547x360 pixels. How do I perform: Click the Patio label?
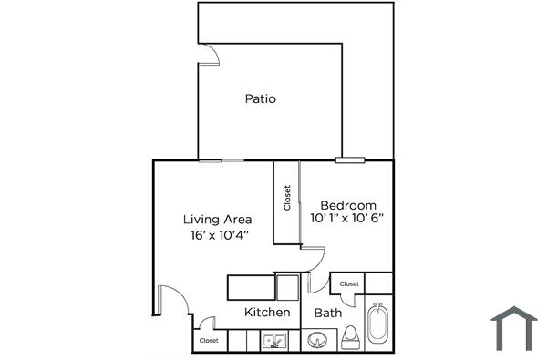260,98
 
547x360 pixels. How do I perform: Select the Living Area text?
217,219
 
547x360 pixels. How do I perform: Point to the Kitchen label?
267,313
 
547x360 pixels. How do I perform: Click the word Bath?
327,313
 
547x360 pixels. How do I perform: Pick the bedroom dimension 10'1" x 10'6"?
347,219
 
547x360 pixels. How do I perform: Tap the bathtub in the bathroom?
377,324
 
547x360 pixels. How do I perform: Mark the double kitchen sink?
273,342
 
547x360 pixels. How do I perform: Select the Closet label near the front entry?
209,341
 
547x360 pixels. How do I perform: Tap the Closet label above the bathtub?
349,284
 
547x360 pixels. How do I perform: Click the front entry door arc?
170,301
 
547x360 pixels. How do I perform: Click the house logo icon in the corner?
515,329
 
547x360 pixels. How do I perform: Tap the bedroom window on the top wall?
349,160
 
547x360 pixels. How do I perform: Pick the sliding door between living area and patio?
222,160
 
